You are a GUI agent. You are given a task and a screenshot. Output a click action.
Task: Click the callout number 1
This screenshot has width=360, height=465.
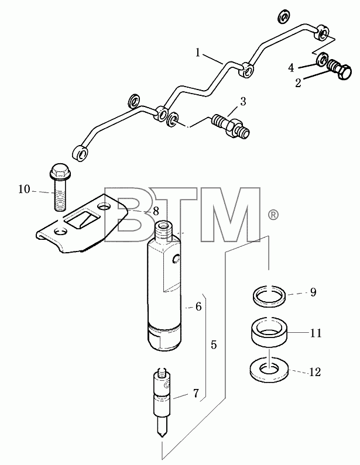[198, 53]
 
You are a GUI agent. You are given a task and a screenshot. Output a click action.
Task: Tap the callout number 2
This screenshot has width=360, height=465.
[299, 82]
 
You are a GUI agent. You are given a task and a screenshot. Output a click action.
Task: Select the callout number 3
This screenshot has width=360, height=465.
[243, 101]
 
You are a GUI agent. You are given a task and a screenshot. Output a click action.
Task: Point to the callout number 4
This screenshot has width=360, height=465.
[291, 68]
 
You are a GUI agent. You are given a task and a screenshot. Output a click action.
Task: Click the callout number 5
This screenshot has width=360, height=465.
[214, 345]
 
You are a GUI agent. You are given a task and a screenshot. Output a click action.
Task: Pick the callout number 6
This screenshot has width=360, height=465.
[198, 306]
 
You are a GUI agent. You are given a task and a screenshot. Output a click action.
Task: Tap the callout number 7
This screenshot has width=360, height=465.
[196, 393]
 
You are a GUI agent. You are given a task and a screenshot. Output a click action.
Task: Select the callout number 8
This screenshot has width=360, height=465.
[156, 212]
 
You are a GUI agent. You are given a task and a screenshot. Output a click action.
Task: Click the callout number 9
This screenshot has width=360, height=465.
[313, 292]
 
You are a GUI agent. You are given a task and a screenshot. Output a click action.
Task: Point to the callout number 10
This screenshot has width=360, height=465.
[25, 189]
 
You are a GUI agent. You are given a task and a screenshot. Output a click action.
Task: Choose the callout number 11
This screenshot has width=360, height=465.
[316, 333]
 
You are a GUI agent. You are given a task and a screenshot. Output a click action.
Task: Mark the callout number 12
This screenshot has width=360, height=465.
[314, 372]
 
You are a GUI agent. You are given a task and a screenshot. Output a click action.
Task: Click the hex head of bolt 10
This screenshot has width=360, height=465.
[59, 171]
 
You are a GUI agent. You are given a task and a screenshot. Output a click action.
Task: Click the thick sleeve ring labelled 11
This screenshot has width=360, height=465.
[269, 332]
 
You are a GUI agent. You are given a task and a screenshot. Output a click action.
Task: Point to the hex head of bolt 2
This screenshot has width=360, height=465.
[345, 72]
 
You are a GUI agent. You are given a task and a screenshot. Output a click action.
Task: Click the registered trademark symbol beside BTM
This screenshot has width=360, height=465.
[273, 215]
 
